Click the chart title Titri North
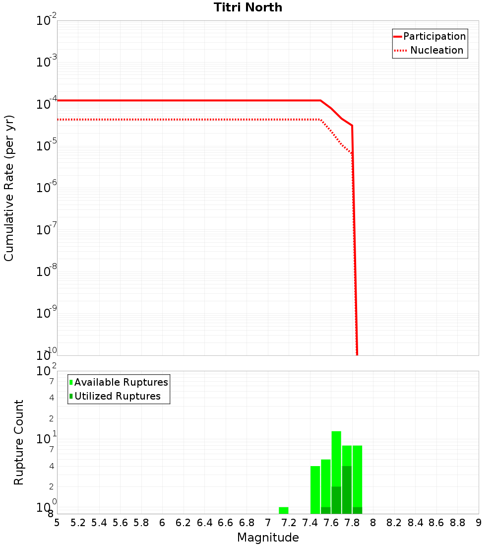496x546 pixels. pyautogui.click(x=248, y=7)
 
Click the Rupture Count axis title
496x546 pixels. pyautogui.click(x=19, y=442)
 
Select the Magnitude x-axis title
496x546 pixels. pyautogui.click(x=268, y=538)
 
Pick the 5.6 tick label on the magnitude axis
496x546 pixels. pyautogui.click(x=120, y=523)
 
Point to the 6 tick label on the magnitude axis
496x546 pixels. pyautogui.click(x=162, y=523)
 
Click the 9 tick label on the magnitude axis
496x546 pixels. pyautogui.click(x=478, y=523)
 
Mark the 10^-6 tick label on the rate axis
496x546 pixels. pyautogui.click(x=47, y=188)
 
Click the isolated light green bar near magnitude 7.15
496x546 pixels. pyautogui.click(x=284, y=510)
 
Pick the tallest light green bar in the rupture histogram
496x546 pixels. pyautogui.click(x=336, y=457)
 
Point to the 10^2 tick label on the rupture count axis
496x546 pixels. pyautogui.click(x=47, y=371)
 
